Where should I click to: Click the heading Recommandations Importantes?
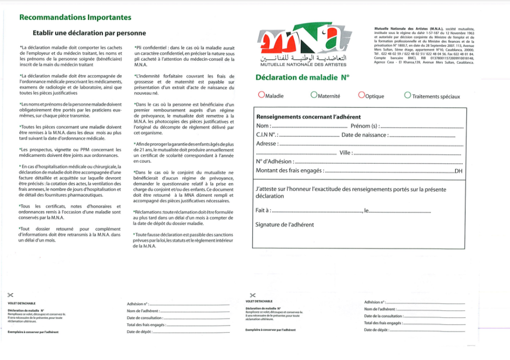[75, 17]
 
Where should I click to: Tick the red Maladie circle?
[261, 95]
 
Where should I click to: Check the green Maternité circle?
[313, 95]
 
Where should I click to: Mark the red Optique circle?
[361, 95]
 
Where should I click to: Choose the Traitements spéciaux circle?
[408, 95]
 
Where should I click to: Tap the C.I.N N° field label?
[266, 135]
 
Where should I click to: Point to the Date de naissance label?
[364, 135]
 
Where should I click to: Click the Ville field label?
[346, 153]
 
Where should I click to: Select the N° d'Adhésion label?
[274, 161]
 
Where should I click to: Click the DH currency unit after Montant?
[459, 171]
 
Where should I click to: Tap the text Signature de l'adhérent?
[284, 225]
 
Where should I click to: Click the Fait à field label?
[262, 211]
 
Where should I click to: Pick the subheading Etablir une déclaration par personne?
[89, 33]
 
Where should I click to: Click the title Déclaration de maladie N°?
[302, 77]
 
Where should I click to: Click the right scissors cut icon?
[253, 295]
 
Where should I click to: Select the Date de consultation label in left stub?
[145, 318]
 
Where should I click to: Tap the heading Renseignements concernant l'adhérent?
[301, 117]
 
